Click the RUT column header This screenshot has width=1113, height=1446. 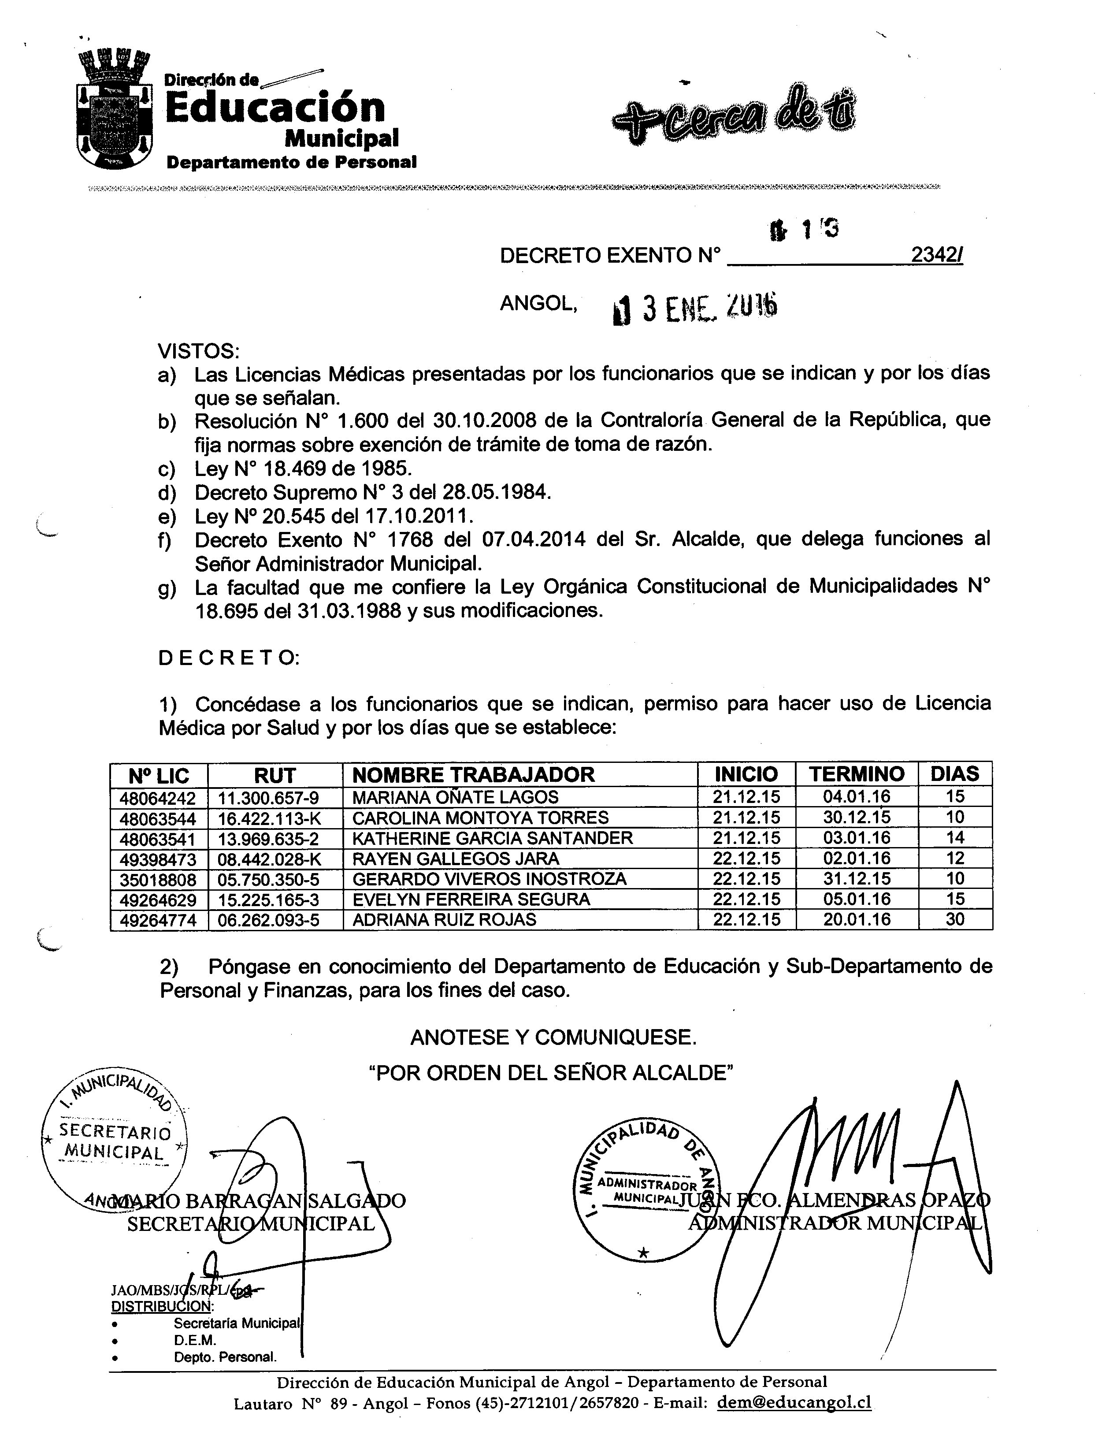[x=275, y=775]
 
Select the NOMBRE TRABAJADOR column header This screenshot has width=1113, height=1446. [x=473, y=775]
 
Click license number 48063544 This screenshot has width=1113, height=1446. [x=158, y=818]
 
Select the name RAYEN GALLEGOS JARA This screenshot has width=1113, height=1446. [x=456, y=859]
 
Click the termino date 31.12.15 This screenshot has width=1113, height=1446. [x=857, y=879]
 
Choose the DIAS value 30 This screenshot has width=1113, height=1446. [x=955, y=920]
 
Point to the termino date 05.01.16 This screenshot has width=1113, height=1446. [x=857, y=899]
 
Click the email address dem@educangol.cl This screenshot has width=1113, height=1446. [x=794, y=1402]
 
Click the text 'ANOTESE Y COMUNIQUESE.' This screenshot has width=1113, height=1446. [x=553, y=1037]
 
